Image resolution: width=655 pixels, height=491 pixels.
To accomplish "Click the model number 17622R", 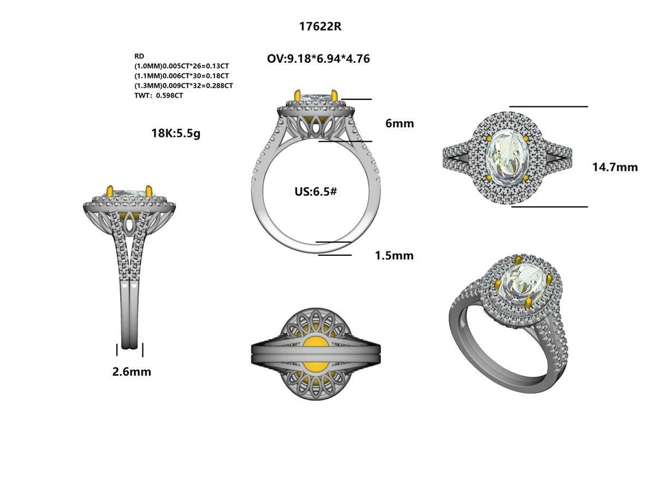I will pyautogui.click(x=320, y=27).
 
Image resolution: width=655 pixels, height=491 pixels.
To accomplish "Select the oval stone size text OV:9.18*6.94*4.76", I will pyautogui.click(x=318, y=58).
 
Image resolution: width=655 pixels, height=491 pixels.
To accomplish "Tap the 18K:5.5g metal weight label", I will pyautogui.click(x=176, y=133).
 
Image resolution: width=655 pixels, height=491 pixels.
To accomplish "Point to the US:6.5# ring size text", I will pyautogui.click(x=315, y=191).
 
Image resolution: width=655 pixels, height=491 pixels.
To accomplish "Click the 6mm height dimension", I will pyautogui.click(x=400, y=123).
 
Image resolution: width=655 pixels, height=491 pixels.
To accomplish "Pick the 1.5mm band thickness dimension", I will pyautogui.click(x=394, y=255).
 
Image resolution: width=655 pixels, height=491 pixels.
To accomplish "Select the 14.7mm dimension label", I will pyautogui.click(x=615, y=167).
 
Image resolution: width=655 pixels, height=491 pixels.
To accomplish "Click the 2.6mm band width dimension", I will pyautogui.click(x=132, y=372).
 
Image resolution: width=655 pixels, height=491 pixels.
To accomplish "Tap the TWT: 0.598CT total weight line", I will pyautogui.click(x=159, y=95).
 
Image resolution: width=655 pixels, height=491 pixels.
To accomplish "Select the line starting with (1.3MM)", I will pyautogui.click(x=183, y=86).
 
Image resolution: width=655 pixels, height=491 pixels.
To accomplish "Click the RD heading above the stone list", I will pyautogui.click(x=139, y=56).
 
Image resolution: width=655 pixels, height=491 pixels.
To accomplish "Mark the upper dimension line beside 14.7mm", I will pyautogui.click(x=548, y=106).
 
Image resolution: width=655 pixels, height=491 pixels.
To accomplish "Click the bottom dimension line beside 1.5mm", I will pyautogui.click(x=335, y=255).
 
